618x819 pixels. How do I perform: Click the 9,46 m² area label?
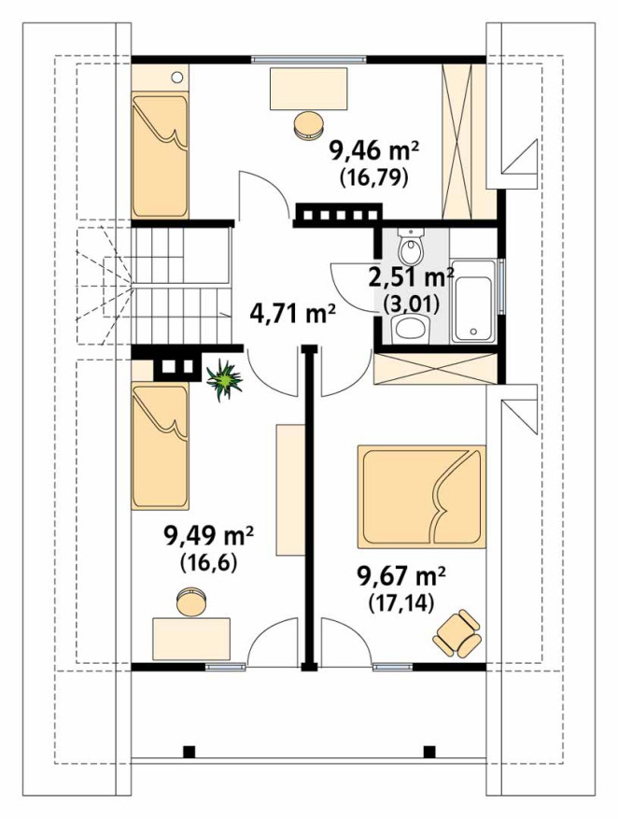click(x=373, y=152)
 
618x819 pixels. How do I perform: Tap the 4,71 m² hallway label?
click(x=292, y=315)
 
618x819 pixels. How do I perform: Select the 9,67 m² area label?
click(x=400, y=579)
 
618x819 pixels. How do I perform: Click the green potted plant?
click(x=224, y=379)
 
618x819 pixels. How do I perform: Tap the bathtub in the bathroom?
click(x=473, y=302)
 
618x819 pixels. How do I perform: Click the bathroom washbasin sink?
click(x=410, y=328)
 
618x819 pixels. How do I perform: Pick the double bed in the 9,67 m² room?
click(x=421, y=496)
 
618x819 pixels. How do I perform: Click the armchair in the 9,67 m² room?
click(x=456, y=633)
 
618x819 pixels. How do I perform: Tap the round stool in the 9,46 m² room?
click(x=308, y=125)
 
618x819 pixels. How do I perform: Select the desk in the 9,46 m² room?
click(x=308, y=89)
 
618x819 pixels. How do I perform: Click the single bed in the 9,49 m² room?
click(x=161, y=445)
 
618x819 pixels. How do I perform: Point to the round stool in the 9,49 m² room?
click(x=191, y=601)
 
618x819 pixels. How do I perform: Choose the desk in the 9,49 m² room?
click(x=191, y=639)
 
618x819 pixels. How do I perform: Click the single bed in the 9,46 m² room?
click(x=160, y=155)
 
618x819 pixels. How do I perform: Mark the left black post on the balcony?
click(x=189, y=752)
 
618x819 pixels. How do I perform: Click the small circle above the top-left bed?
click(x=177, y=78)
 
